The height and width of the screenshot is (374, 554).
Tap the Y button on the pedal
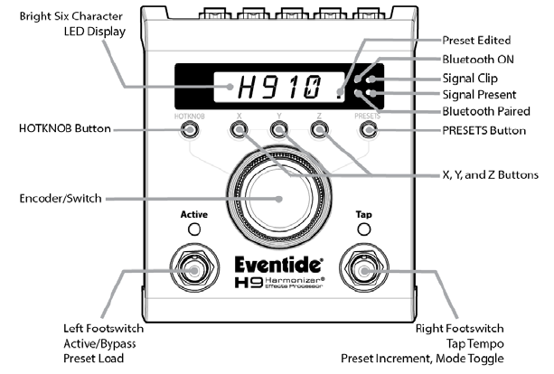(x=278, y=130)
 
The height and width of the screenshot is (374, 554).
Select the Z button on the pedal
(x=318, y=130)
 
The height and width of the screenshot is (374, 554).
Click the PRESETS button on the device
(x=367, y=130)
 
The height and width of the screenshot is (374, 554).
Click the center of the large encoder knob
(x=278, y=194)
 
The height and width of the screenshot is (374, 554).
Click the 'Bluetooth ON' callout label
(x=479, y=59)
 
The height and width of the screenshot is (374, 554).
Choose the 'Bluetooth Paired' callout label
(x=485, y=111)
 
